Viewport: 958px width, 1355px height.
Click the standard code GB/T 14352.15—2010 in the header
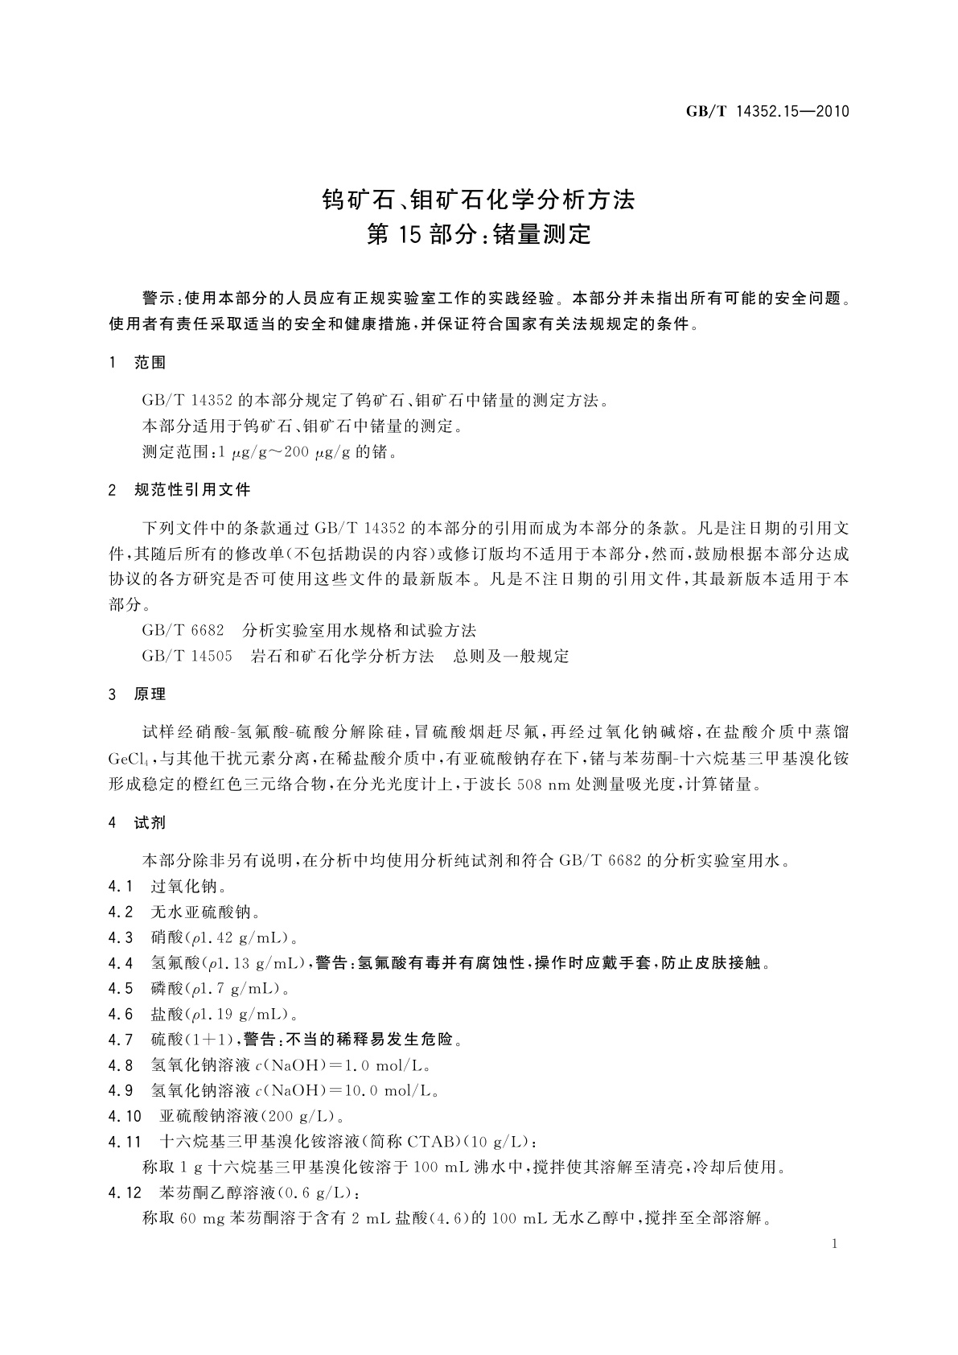point(767,112)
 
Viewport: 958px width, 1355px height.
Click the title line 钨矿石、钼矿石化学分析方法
point(479,199)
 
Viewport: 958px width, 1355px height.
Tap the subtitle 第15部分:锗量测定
point(479,235)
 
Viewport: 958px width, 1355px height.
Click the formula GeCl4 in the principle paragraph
point(128,758)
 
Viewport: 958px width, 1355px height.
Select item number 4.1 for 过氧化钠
point(120,887)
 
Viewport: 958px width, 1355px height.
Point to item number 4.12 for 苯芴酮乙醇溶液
point(125,1192)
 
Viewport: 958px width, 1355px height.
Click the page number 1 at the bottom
point(834,1244)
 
